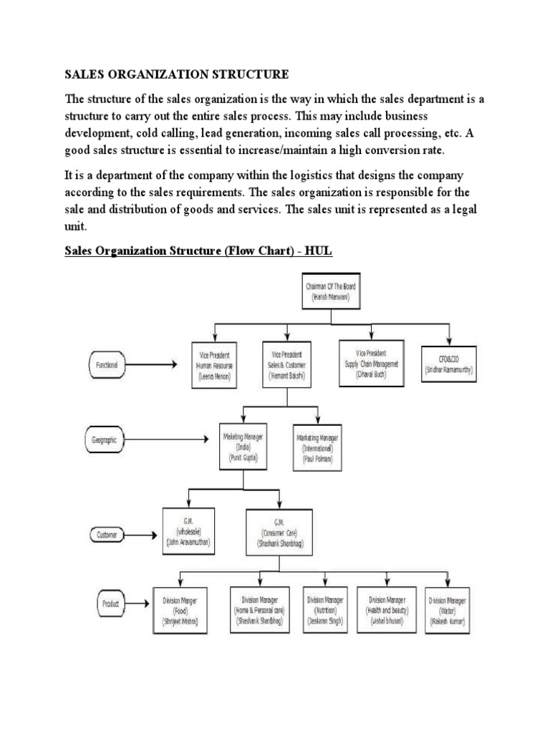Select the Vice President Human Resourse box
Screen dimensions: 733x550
216,364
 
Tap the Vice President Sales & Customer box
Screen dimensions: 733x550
286,364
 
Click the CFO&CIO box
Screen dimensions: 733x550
449,364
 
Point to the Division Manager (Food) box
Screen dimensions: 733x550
180,610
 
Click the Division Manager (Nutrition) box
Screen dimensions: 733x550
326,610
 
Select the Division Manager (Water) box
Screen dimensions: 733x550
448,611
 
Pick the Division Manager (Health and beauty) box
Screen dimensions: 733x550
387,610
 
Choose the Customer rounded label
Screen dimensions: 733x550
107,534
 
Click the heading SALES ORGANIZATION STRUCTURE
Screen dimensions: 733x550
177,74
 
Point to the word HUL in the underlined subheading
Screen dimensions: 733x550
319,251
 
